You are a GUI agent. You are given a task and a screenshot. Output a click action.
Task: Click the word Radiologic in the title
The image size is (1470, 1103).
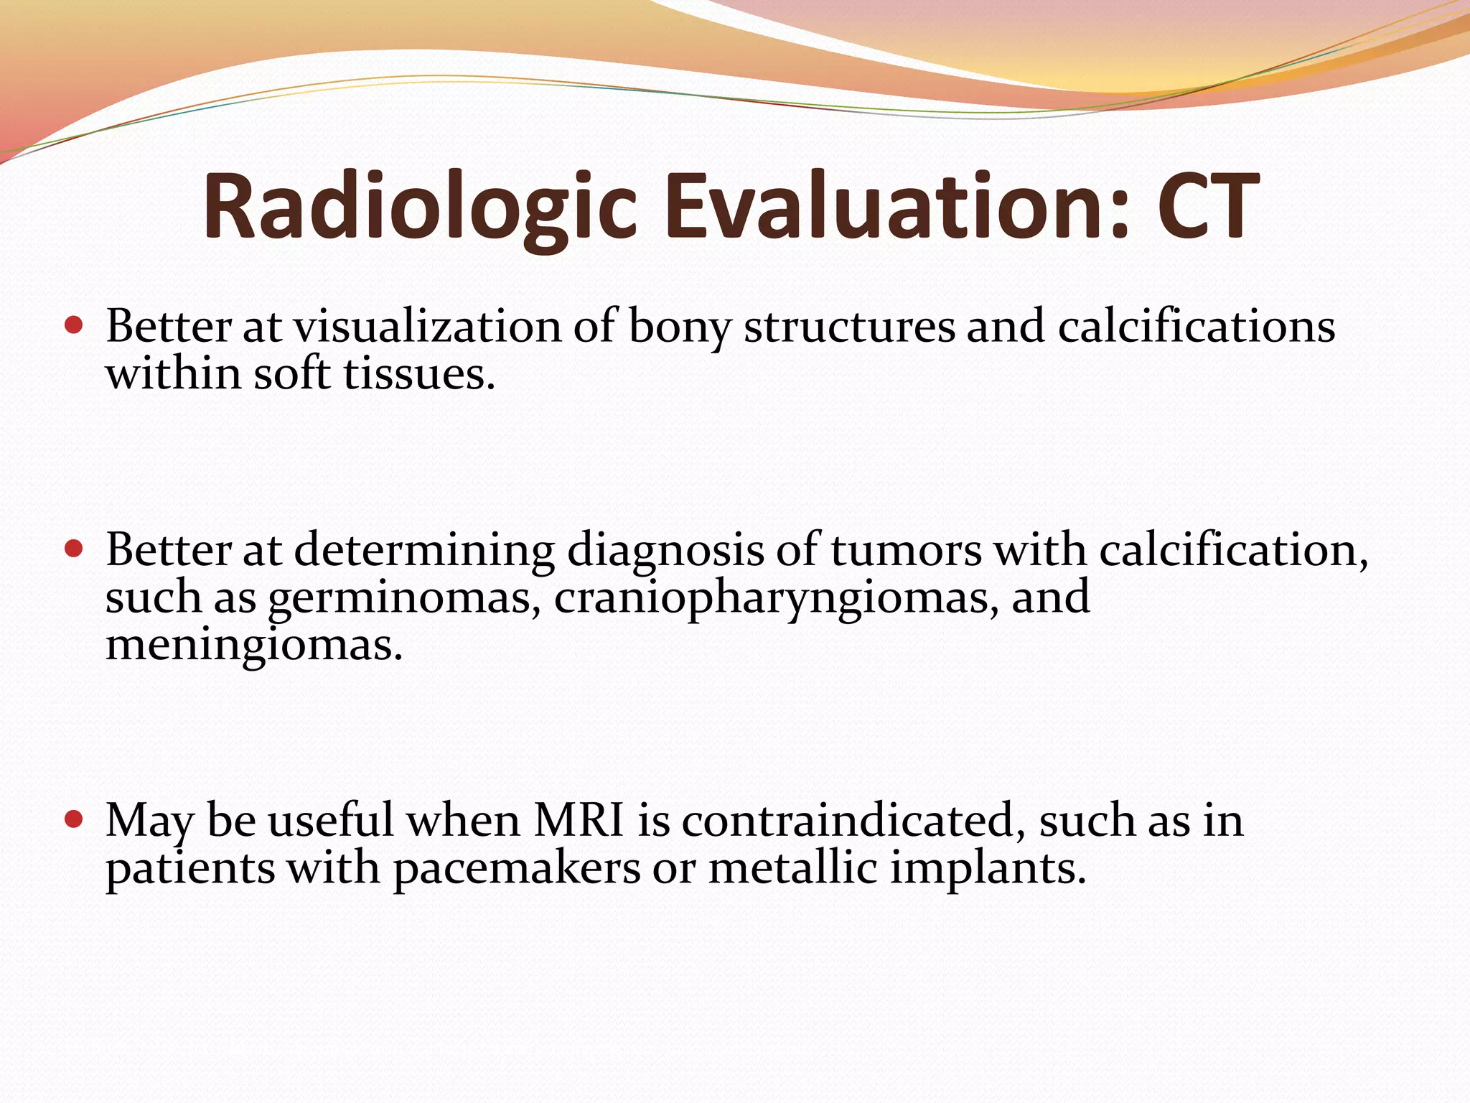point(419,207)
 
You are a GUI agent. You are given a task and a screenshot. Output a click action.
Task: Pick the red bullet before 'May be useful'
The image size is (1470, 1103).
point(74,819)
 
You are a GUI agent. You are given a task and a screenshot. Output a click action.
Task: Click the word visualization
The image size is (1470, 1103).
point(427,327)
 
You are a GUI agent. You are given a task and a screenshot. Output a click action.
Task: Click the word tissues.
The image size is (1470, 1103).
point(419,374)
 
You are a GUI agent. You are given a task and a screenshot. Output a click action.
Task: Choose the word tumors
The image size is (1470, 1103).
point(906,551)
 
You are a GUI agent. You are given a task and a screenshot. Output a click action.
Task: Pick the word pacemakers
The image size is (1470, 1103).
point(516,868)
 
